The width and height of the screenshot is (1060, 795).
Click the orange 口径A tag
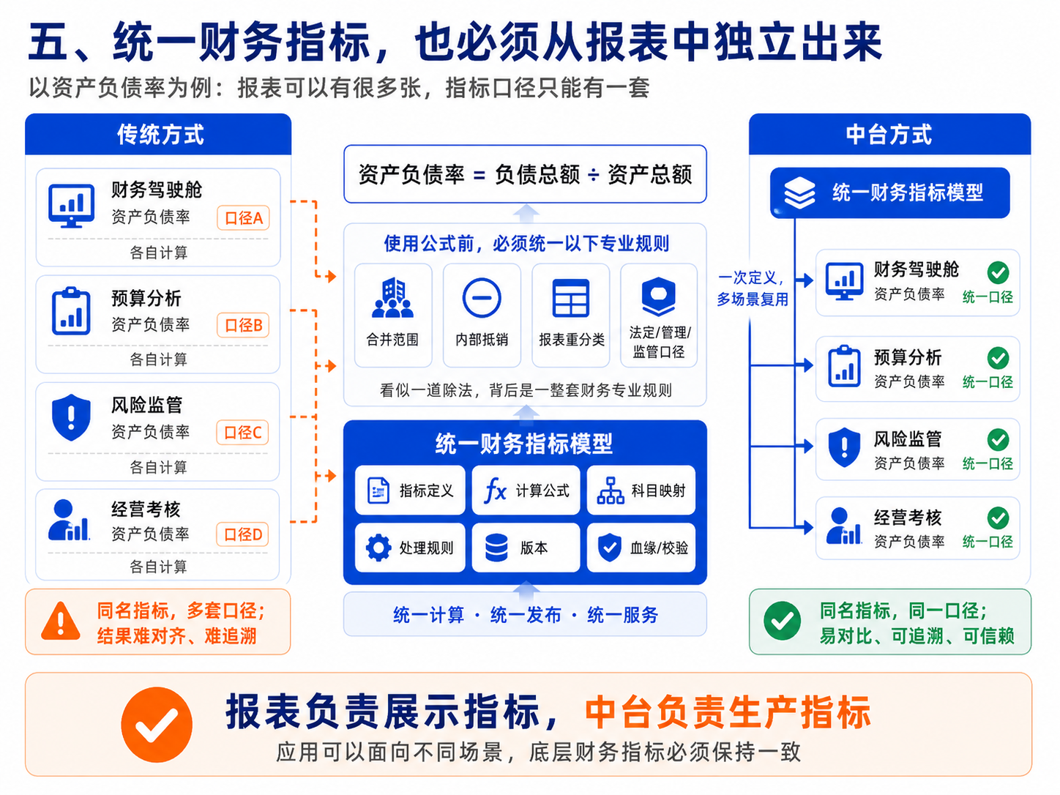[x=243, y=217]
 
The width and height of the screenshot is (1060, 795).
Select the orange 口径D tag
[x=242, y=534]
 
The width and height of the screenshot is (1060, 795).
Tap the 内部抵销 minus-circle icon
[x=482, y=298]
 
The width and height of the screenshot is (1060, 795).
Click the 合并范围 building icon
[x=392, y=297]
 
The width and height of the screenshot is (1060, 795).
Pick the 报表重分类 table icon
[x=571, y=298]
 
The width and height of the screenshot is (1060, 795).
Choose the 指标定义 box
[x=410, y=490]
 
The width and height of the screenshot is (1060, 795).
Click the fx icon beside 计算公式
[x=496, y=491]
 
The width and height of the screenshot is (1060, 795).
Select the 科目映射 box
[x=641, y=490]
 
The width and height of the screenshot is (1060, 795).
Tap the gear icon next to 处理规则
[x=378, y=548]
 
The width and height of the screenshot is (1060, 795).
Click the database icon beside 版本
[x=496, y=548]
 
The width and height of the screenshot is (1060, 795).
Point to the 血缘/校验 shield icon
[x=610, y=548]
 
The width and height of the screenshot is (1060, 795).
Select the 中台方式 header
[x=889, y=134]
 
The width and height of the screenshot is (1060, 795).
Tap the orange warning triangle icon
[x=60, y=622]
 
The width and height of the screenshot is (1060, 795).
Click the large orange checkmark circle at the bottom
[x=157, y=725]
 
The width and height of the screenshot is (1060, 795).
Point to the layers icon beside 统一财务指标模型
[x=799, y=193]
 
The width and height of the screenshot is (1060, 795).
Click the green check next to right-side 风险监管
[x=998, y=440]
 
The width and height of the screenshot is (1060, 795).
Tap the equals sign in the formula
[x=479, y=176]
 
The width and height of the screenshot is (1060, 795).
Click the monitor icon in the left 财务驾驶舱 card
[x=72, y=206]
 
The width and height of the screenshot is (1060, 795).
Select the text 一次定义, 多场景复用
[x=752, y=288]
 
